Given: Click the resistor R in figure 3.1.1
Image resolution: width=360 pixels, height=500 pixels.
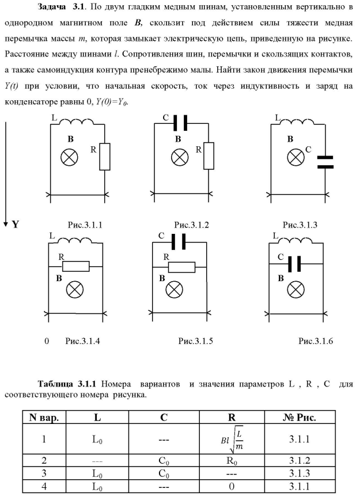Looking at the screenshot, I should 104,157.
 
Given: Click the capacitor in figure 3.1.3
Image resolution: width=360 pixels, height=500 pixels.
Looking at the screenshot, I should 326,161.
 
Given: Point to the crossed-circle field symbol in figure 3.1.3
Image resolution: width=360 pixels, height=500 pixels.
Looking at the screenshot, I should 296,156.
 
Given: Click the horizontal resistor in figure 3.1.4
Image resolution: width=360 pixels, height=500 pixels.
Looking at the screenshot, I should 75,266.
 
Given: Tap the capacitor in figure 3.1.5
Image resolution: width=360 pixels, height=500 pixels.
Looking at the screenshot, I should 179,242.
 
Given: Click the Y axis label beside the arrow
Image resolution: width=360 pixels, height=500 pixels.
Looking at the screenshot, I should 16,225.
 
